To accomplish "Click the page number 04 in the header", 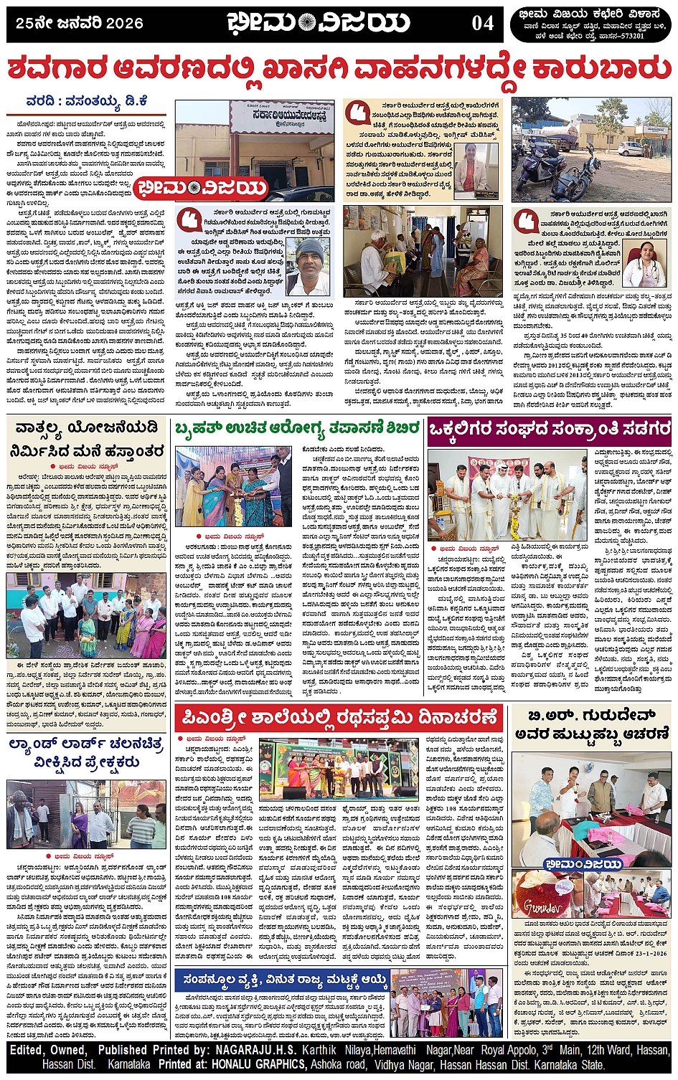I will coord(483,23).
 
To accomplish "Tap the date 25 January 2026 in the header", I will coord(80,23).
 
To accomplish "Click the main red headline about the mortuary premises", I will coord(339,71).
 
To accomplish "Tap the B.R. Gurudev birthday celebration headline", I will coord(591,724).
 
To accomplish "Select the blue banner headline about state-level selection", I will coord(285,980).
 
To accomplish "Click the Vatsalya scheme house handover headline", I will coord(86,440).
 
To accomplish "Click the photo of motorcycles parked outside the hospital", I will coord(591,150).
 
